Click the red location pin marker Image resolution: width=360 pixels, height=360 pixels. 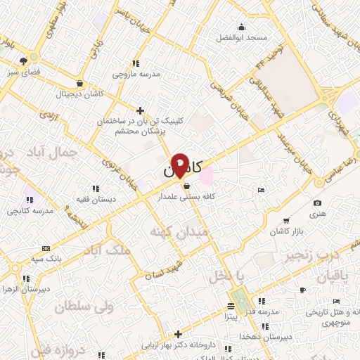(x=181, y=165)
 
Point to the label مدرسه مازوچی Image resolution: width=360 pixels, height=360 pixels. (x=134, y=73)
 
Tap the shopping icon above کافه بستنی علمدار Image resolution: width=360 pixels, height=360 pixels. (x=186, y=186)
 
